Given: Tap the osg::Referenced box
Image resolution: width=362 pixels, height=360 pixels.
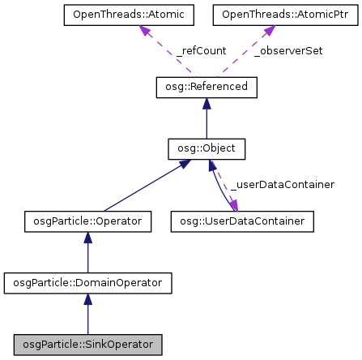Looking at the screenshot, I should click(206, 88).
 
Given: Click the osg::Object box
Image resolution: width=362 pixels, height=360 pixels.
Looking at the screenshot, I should click(206, 148).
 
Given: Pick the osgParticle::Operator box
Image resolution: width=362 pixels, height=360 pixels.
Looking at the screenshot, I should click(87, 221).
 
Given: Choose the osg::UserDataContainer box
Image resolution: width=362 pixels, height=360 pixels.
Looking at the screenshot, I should click(242, 221).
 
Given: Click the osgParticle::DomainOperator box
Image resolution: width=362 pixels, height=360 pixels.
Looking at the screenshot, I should click(87, 283).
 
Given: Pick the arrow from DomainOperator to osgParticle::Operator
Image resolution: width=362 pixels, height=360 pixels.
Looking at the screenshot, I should click(87, 252).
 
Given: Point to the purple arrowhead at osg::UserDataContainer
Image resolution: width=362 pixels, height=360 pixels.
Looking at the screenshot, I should click(234, 207).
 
